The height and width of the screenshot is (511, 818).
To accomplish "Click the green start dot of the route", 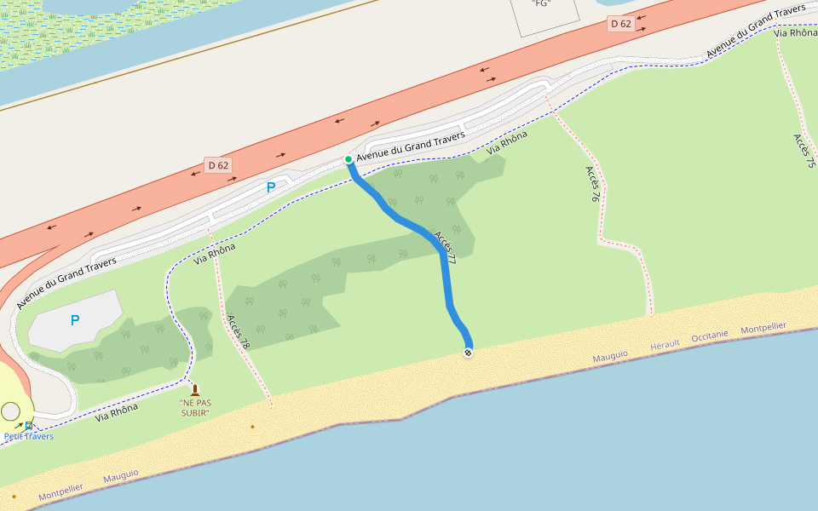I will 349,159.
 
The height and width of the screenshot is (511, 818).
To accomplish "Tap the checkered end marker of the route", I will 468,353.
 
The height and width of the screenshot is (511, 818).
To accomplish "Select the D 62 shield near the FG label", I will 620,24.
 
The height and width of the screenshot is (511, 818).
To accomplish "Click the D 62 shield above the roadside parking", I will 218,165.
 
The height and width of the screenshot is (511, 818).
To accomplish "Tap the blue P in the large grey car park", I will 75,320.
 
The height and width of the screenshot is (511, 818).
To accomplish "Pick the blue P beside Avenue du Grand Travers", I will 271,187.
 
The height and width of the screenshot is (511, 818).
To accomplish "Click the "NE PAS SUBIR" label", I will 195,407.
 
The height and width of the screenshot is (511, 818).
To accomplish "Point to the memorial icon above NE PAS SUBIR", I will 195,390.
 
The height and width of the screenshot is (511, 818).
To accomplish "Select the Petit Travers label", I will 29,437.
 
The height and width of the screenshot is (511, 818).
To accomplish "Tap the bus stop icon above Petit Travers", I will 29,425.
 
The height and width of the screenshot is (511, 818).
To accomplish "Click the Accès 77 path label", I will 445,247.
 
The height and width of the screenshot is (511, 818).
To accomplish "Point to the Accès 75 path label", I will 804,151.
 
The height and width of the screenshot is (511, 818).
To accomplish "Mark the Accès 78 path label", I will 239,332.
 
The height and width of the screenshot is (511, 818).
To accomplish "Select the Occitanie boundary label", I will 710,336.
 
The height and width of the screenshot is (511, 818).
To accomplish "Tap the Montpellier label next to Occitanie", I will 763,328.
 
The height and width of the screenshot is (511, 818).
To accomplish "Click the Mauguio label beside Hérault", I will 610,353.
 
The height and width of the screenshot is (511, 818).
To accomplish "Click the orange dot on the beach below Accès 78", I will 252,426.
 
